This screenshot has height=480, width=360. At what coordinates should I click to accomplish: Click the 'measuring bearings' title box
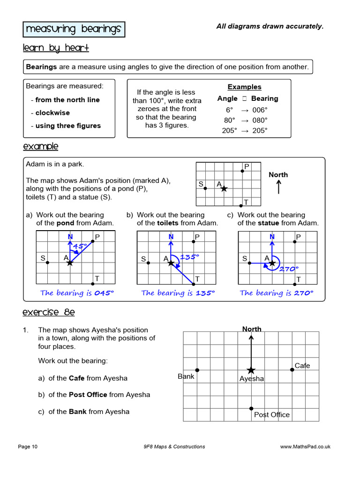click(x=74, y=29)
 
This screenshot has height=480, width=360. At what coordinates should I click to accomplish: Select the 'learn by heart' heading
click(x=56, y=48)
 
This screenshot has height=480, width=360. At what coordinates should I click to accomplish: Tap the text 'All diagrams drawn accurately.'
click(x=270, y=26)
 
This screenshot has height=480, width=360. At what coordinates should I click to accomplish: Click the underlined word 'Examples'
click(x=244, y=87)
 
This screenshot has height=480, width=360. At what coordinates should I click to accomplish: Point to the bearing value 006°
click(x=260, y=110)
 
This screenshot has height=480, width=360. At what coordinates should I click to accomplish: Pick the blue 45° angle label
click(x=80, y=246)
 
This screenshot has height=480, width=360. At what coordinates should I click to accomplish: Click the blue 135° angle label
click(x=189, y=256)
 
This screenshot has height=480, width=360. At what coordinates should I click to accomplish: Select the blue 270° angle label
click(x=289, y=269)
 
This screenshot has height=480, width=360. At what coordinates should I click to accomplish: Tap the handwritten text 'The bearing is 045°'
click(x=77, y=293)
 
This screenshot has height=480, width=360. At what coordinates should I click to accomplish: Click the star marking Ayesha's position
click(x=251, y=370)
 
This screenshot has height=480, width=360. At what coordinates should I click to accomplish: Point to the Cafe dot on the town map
click(x=292, y=369)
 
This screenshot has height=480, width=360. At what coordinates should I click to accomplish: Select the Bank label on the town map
click(x=186, y=376)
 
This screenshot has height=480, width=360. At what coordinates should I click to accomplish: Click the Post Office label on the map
click(x=272, y=414)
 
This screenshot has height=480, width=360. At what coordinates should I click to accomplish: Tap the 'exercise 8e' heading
click(x=48, y=312)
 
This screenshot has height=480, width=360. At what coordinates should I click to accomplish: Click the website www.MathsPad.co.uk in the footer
click(x=305, y=447)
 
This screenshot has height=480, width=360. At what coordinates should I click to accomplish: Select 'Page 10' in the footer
click(x=28, y=447)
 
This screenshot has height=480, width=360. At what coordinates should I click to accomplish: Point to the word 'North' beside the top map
click(x=278, y=174)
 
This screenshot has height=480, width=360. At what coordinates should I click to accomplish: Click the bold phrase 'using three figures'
click(x=68, y=126)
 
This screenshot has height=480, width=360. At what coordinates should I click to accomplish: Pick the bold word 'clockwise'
click(x=52, y=112)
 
